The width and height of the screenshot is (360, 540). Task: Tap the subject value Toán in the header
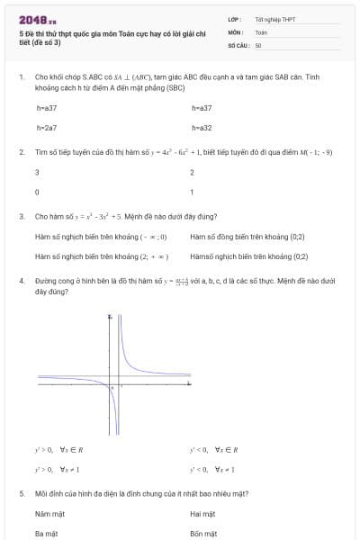261,31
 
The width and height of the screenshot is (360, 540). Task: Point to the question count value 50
258,44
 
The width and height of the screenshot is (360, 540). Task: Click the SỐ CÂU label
238,44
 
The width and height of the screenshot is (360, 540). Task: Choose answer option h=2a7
47,128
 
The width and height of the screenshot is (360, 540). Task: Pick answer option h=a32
202,128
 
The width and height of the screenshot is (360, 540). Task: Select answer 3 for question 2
37,171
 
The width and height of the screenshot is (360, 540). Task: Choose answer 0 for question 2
37,192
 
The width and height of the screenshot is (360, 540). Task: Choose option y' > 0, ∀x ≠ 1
58,469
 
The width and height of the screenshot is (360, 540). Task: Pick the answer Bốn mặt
203,533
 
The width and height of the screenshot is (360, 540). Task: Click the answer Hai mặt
202,514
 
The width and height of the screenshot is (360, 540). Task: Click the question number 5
22,493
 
